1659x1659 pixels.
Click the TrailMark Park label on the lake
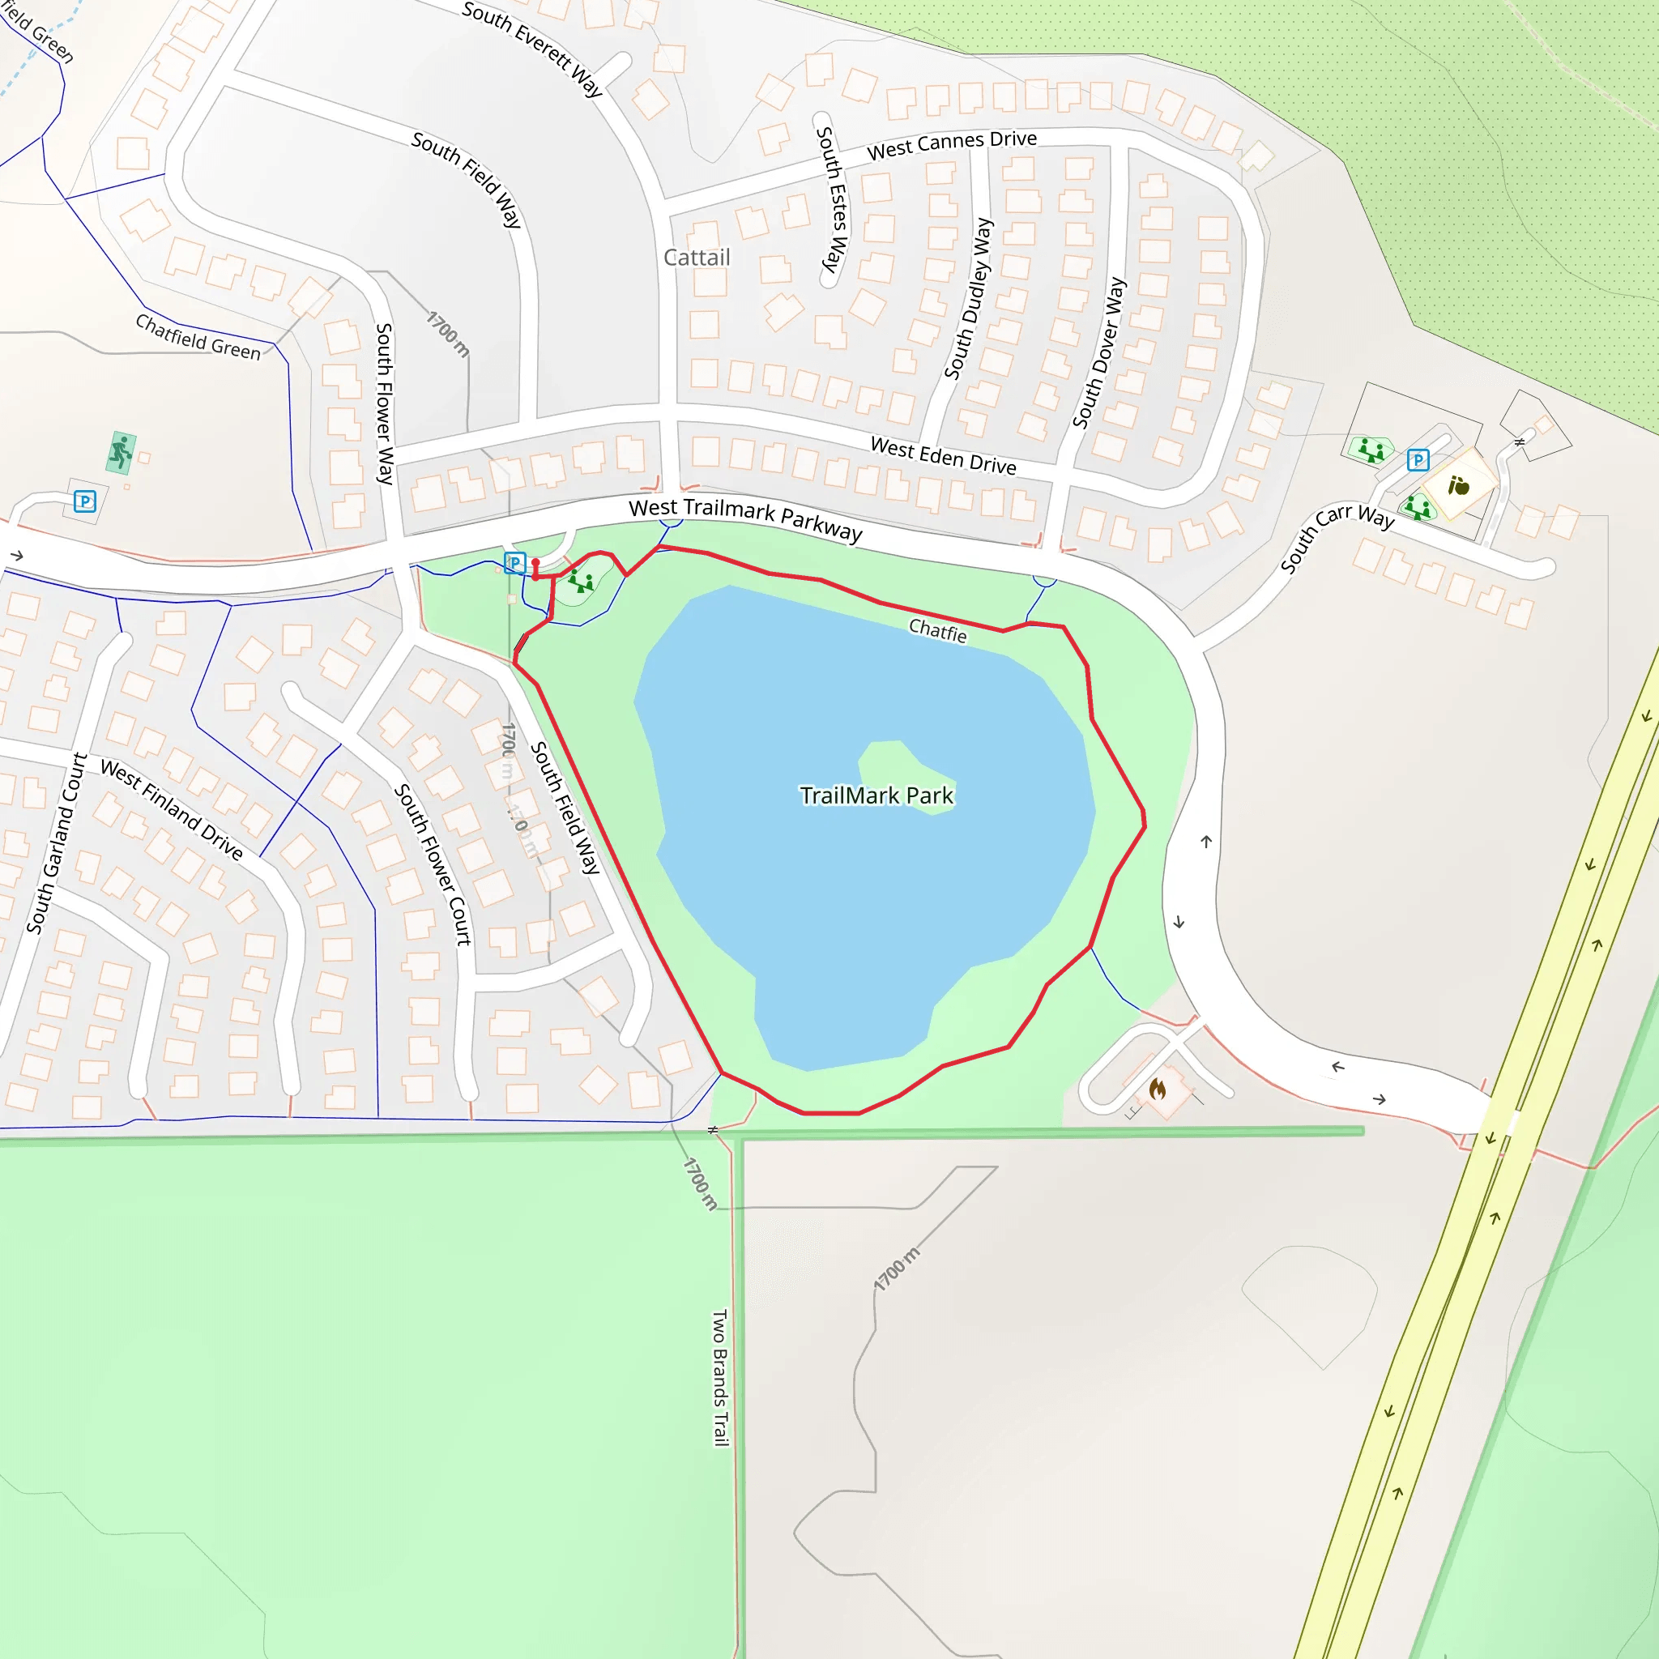(876, 796)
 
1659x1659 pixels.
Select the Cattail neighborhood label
(697, 258)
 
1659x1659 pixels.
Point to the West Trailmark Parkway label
(745, 518)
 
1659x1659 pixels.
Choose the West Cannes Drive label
(952, 145)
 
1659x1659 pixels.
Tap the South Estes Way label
(831, 199)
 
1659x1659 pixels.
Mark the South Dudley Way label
(969, 298)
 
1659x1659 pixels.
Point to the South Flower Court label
(433, 864)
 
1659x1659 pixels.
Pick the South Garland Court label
(57, 842)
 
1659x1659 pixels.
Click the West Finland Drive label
(172, 809)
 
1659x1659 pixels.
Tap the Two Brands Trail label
(720, 1377)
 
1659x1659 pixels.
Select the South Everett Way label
(532, 48)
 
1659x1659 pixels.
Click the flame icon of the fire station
(1158, 1090)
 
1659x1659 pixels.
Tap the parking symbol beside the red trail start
(514, 563)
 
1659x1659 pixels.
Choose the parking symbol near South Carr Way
(1418, 460)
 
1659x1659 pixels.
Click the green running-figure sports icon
(121, 452)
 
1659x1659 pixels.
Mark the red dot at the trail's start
(535, 563)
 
